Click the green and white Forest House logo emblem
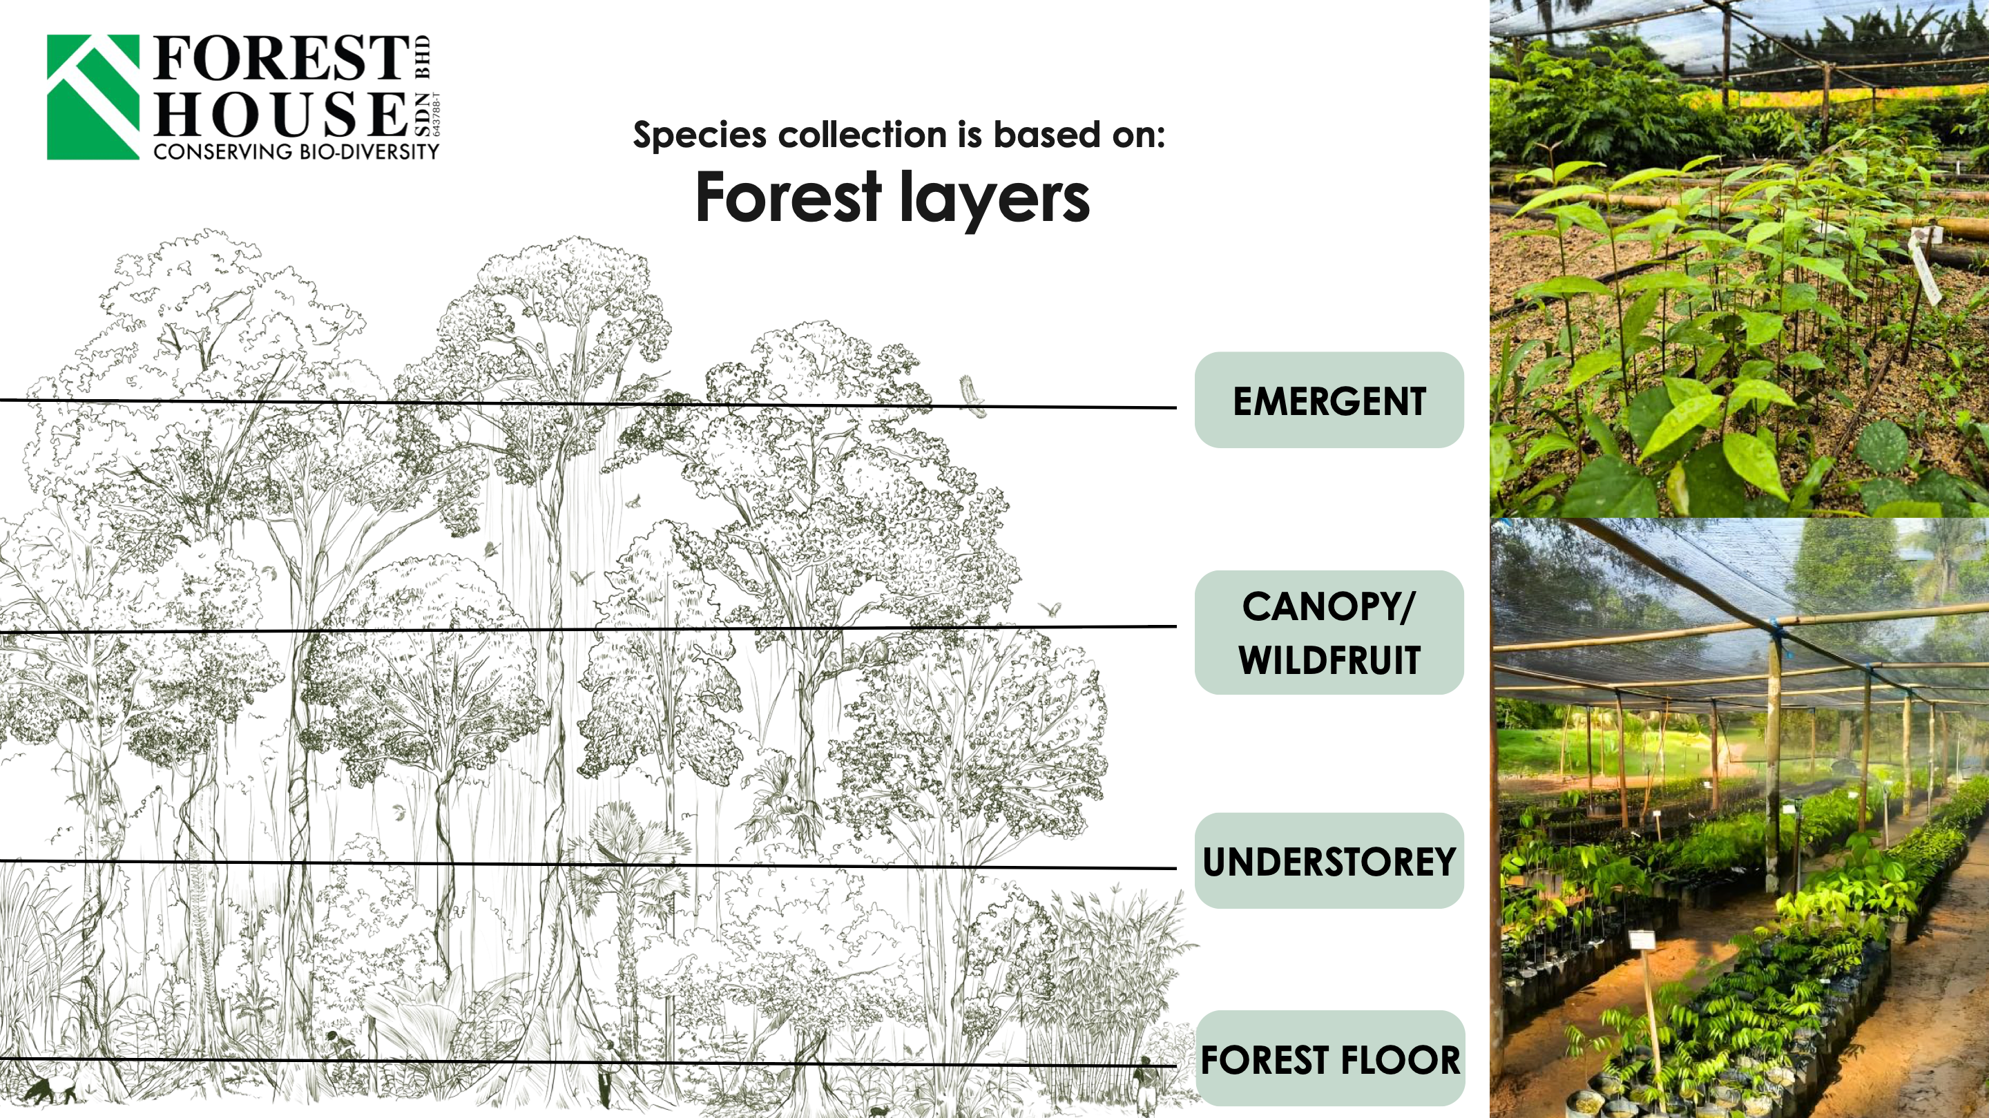93,97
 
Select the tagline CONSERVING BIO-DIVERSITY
296,151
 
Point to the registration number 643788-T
436,114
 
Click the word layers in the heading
995,199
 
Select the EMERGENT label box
1329,400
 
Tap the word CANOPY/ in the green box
1329,607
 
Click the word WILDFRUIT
1329,660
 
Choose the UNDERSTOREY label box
1329,861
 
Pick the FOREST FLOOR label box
1329,1059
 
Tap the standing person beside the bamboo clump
1145,1081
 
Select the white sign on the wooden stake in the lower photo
1642,940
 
